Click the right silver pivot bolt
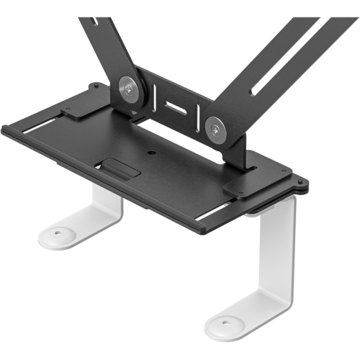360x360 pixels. pos(216,128)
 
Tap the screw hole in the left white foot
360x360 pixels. pos(59,233)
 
